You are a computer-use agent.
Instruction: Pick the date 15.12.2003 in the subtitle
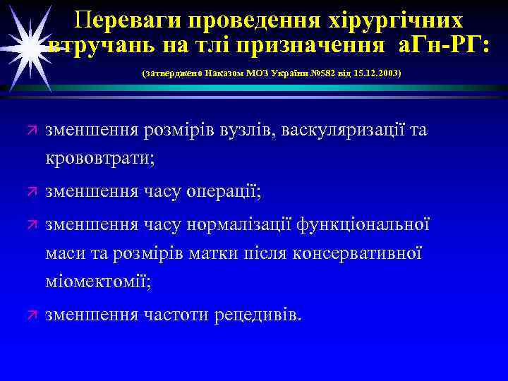[x=378, y=73]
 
